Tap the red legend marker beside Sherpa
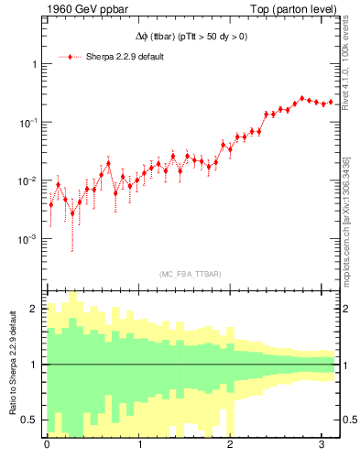(71, 57)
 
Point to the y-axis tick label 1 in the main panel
(34, 65)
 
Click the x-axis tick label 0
(47, 445)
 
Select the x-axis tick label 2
(230, 445)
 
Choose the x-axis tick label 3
(322, 445)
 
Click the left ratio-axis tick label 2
(36, 309)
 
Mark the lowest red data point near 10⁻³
(72, 213)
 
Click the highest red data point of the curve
(302, 98)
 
